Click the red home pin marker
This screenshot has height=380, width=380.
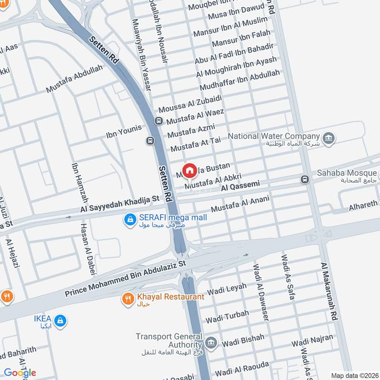(x=190, y=170)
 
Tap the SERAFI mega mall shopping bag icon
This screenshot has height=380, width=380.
(x=129, y=219)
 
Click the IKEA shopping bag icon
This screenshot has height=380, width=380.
(x=60, y=322)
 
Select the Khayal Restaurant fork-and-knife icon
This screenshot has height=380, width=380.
(x=128, y=299)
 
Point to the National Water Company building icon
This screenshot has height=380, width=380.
(x=328, y=138)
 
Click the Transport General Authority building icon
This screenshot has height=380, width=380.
(x=211, y=342)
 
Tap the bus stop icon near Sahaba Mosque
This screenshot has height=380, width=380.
(x=304, y=180)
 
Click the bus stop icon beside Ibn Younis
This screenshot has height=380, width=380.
(x=150, y=141)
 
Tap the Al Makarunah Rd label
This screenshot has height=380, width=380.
(x=329, y=291)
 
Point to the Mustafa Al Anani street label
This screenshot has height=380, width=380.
(x=240, y=205)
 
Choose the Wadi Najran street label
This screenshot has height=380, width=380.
(x=311, y=342)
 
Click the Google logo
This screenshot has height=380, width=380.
(x=20, y=372)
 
